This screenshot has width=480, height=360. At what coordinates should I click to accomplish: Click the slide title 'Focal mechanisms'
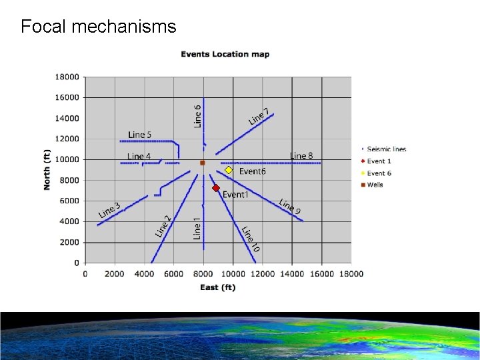[x=98, y=27]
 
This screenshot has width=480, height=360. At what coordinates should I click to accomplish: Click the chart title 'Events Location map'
[x=225, y=54]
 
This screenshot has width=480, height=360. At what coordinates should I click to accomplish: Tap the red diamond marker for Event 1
[x=216, y=189]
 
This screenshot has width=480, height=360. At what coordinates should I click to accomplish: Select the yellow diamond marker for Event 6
[x=228, y=171]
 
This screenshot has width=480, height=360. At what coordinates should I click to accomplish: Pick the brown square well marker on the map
[x=203, y=163]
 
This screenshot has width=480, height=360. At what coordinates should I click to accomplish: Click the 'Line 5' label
[x=139, y=135]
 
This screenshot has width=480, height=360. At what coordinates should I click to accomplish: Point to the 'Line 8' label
[x=301, y=155]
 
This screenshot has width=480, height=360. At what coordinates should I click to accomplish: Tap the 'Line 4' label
[x=139, y=157]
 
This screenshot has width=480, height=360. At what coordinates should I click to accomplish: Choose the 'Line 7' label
[x=259, y=116]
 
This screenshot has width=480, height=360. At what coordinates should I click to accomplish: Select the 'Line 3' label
[x=109, y=210]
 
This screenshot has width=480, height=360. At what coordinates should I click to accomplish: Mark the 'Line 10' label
[x=251, y=239]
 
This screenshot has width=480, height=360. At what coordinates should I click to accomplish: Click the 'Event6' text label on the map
[x=252, y=171]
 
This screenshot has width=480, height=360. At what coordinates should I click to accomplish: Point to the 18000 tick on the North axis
[x=67, y=77]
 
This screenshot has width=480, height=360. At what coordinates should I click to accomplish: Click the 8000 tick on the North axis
[x=69, y=180]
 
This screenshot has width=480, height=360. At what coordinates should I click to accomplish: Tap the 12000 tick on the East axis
[x=263, y=273]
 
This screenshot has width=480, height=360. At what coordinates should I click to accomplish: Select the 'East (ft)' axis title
[x=218, y=287]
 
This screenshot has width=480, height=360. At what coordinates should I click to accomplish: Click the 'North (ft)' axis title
[x=47, y=169]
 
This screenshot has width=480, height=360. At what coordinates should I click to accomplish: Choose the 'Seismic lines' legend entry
[x=386, y=149]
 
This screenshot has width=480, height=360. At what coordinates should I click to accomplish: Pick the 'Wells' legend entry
[x=375, y=185]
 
